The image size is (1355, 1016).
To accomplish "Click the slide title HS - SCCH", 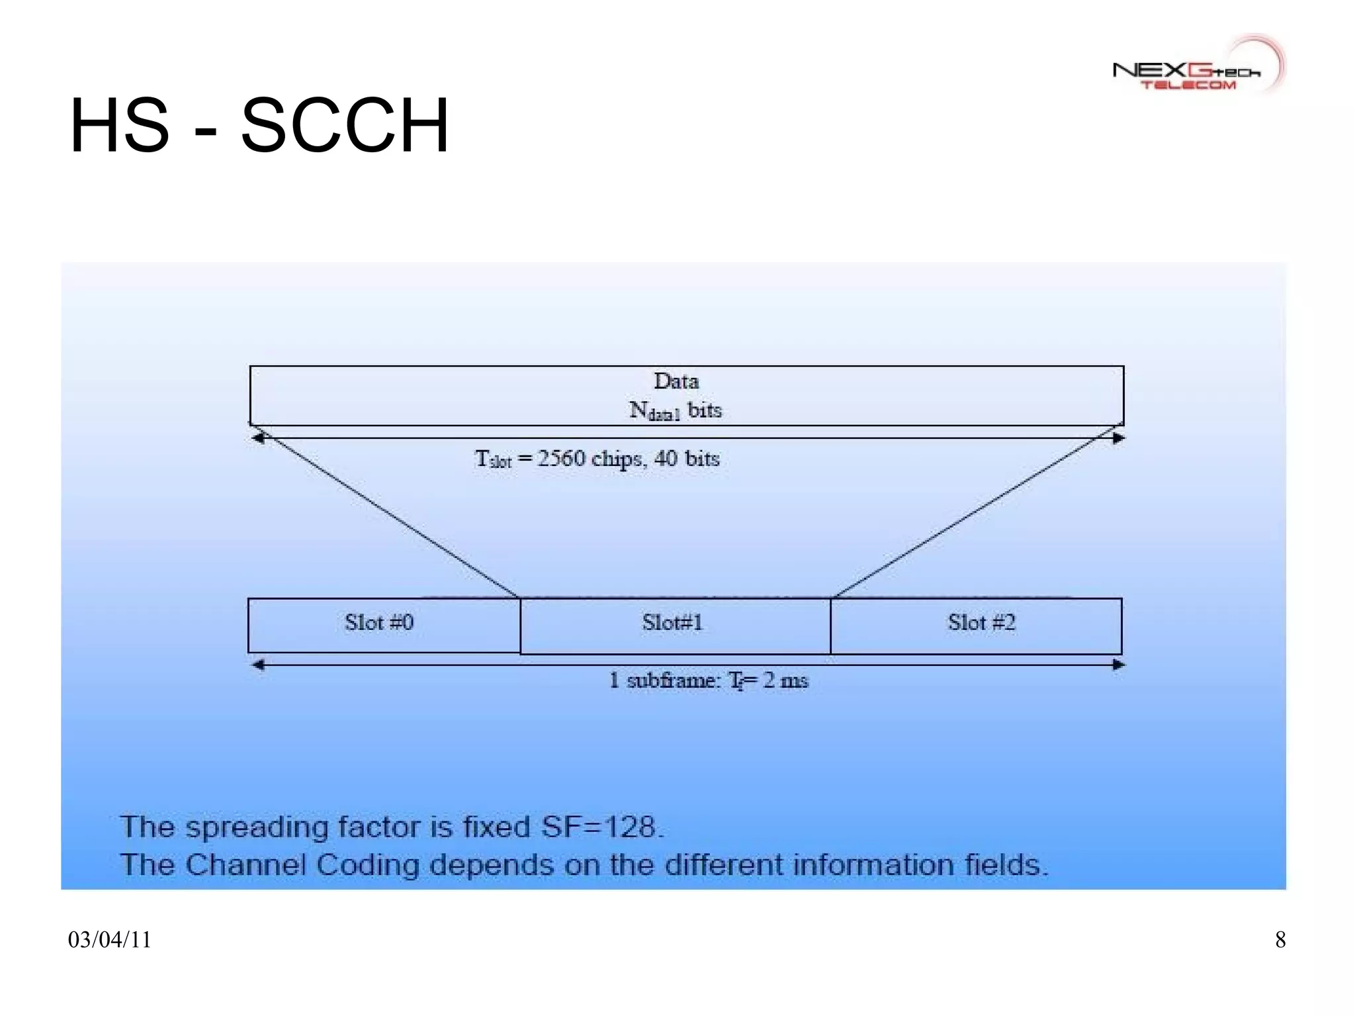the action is pos(259,126).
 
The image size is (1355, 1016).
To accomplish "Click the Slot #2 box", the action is pos(976,626).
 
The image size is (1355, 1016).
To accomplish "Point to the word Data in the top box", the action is pos(676,381).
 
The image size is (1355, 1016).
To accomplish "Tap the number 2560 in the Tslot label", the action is pos(560,459).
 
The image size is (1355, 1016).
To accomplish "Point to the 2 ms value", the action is pos(785,680).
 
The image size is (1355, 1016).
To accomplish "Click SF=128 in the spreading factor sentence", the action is pos(601,827).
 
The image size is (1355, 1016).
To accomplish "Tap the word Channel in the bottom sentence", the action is pos(245,865).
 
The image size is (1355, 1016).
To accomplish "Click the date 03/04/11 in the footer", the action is pos(110,940).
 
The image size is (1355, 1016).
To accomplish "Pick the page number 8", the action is pos(1280,940).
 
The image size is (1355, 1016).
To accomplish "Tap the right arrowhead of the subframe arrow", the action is pos(1117,665).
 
